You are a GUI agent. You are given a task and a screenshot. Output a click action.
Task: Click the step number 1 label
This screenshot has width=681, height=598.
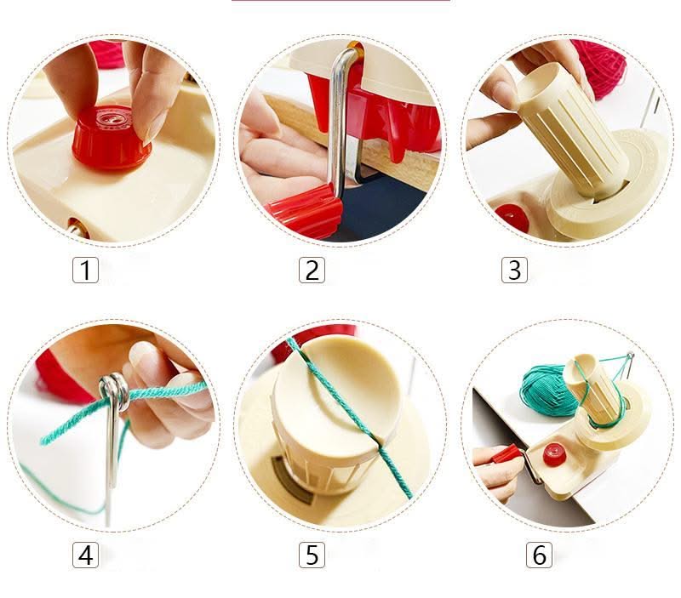coord(85,270)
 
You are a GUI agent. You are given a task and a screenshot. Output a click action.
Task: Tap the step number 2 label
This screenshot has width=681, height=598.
coord(312,270)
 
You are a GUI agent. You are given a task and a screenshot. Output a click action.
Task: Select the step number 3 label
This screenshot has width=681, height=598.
coord(514,270)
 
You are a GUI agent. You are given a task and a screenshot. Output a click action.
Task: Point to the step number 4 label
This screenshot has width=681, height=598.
coord(85,555)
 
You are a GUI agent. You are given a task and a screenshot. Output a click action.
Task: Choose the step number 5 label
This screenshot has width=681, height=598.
coord(312,555)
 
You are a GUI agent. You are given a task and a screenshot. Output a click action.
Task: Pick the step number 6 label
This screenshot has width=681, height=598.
coord(539,555)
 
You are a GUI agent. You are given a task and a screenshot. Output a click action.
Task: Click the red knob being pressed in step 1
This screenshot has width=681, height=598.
coord(112,138)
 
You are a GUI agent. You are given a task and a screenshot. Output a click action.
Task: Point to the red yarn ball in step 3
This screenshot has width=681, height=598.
coord(602,65)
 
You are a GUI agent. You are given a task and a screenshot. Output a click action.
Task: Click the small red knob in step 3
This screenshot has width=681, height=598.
coord(512,217)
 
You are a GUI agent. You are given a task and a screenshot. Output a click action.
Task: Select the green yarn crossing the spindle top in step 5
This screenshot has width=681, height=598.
coord(352,417)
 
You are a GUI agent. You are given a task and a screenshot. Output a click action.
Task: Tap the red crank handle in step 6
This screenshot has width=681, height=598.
coord(507,456)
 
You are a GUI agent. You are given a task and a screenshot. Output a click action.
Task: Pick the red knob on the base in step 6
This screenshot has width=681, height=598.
coord(554,454)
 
